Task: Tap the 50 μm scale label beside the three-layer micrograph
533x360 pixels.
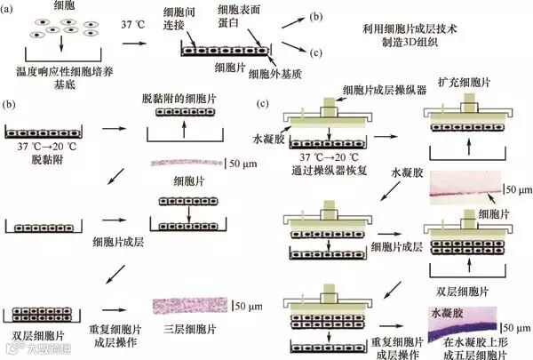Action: coord(249,306)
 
